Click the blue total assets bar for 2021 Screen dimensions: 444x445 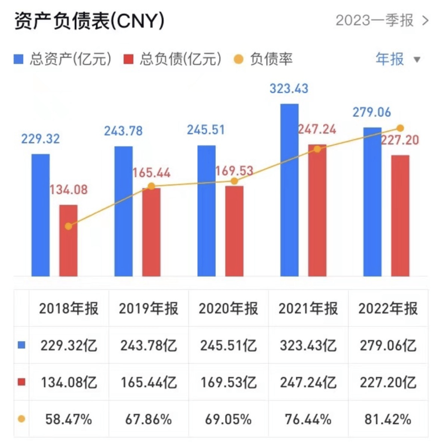(x=289, y=190)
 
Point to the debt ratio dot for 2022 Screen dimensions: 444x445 (x=400, y=128)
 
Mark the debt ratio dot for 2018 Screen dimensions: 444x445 (x=68, y=226)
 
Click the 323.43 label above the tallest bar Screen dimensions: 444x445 (x=289, y=89)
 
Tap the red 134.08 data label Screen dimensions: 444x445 (x=68, y=190)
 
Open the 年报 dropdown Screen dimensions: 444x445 (x=397, y=59)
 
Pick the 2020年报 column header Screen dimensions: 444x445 (x=228, y=309)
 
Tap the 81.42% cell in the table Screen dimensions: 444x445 (x=388, y=420)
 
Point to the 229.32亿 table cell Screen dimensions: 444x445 (x=69, y=345)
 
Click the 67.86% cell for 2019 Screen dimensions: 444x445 (x=148, y=420)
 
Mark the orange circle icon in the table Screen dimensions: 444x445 (x=21, y=419)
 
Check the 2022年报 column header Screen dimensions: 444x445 (x=388, y=309)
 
